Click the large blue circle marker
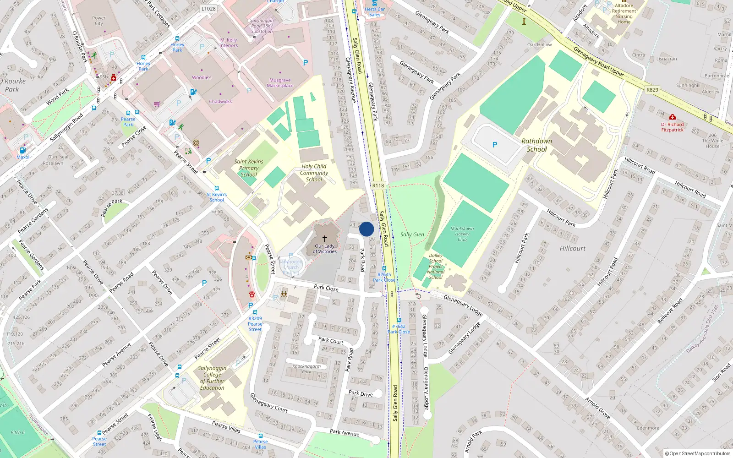click(x=366, y=229)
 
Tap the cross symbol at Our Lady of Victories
click(x=325, y=239)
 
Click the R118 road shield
click(x=378, y=185)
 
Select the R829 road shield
click(x=652, y=90)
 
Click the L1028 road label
click(x=208, y=8)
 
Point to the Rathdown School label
click(x=536, y=145)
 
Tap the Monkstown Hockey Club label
click(x=462, y=234)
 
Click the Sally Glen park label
click(x=412, y=234)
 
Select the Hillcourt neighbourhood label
click(x=572, y=248)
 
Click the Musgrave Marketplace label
click(x=280, y=83)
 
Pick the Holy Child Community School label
click(x=314, y=173)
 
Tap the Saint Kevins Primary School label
click(x=249, y=168)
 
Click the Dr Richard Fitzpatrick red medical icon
click(x=672, y=117)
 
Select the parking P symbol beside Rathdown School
click(x=494, y=145)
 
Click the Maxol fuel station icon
click(x=22, y=150)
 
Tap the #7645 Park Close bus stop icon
click(x=384, y=268)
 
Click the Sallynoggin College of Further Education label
click(x=212, y=378)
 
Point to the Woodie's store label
click(x=202, y=77)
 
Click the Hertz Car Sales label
click(x=375, y=12)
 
